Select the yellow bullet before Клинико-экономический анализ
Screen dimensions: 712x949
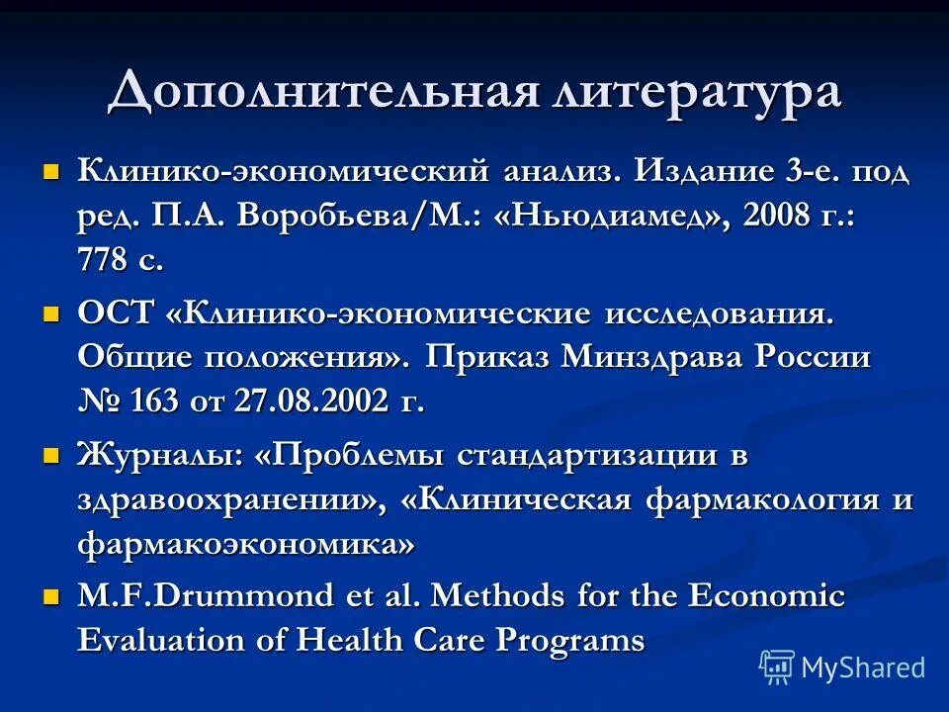pos(52,171)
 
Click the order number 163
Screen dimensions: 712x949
pos(150,401)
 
